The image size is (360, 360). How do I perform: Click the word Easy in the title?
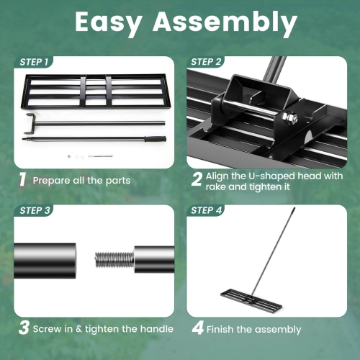point(114,24)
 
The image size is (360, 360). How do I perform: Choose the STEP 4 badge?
point(207,211)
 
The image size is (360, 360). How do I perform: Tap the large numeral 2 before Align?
point(197,179)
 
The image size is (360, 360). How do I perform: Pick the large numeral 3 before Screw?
point(23,328)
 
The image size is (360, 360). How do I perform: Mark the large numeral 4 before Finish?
point(197,329)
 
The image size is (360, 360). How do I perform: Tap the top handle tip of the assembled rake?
point(294,210)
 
